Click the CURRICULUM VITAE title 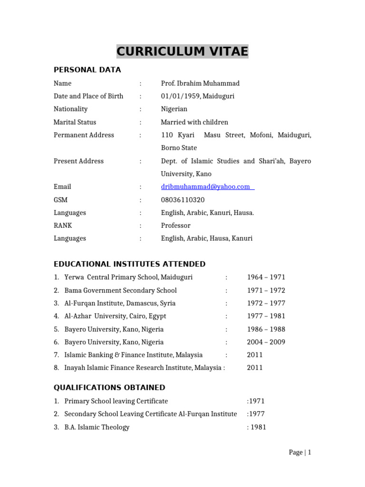(182, 51)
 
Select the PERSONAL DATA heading (87, 70)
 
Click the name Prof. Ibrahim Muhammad (200, 83)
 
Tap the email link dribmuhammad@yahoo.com (206, 187)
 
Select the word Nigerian (174, 109)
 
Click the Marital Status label (75, 122)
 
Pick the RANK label (63, 225)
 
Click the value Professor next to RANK (175, 225)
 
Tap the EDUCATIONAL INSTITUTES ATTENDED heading (129, 264)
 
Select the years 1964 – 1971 (266, 277)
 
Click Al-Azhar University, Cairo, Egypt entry (115, 316)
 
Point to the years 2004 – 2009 (266, 342)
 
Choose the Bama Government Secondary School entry (120, 290)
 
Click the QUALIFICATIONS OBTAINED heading (109, 387)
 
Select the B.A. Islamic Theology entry (97, 427)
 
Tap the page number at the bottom (299, 452)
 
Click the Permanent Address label (84, 135)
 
